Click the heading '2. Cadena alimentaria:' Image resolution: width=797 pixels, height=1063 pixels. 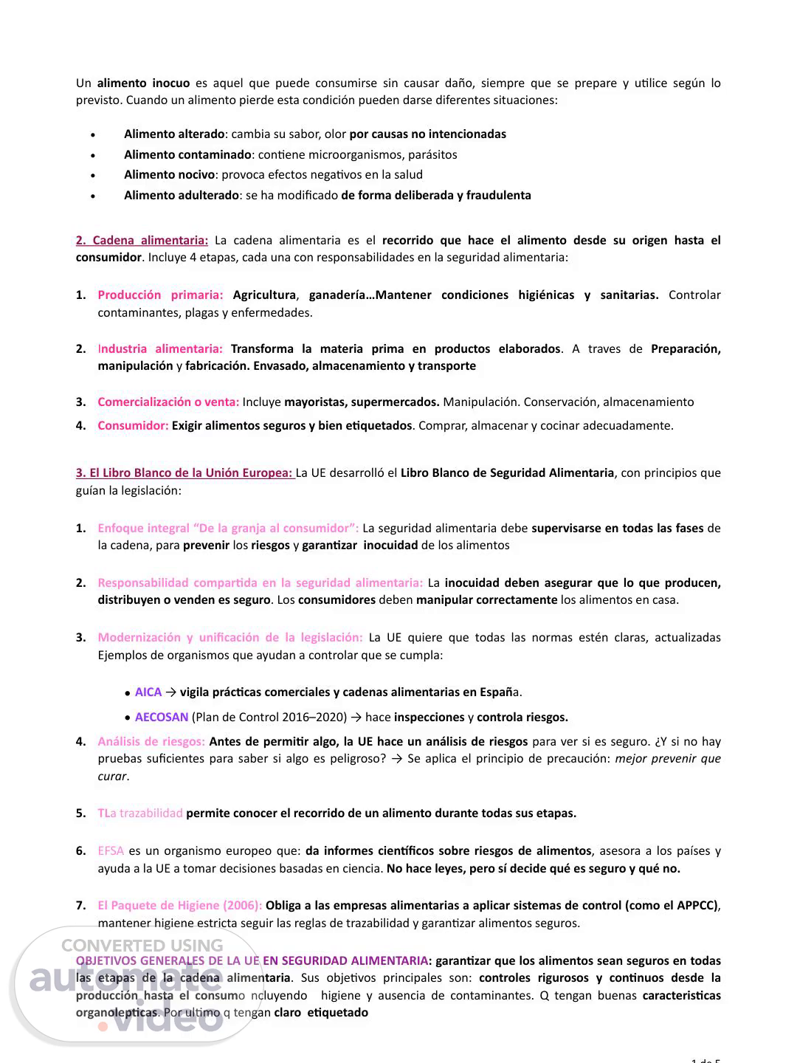click(142, 240)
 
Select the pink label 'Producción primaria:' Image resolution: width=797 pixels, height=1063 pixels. click(160, 295)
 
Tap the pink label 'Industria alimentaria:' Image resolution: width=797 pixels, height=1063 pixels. click(160, 348)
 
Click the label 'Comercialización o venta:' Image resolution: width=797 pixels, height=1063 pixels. click(168, 402)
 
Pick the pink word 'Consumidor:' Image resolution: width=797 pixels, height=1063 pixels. click(133, 425)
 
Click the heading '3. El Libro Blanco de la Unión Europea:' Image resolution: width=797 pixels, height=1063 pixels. click(184, 472)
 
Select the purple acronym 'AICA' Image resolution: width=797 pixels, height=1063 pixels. click(148, 692)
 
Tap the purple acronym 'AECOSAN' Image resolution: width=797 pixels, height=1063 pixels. click(162, 717)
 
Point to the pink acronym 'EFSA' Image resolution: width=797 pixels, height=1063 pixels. click(111, 850)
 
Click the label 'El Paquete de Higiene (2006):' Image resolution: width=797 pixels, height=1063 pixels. click(179, 905)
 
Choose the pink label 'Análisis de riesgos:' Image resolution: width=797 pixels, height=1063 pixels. click(151, 741)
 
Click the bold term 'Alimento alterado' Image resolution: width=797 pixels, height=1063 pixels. click(174, 134)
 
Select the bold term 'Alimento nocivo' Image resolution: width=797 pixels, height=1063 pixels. click(170, 174)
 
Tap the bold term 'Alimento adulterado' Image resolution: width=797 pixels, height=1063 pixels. click(182, 195)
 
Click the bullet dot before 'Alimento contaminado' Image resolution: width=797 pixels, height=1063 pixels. click(92, 156)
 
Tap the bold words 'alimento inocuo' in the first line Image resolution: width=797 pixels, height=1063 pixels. click(143, 83)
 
